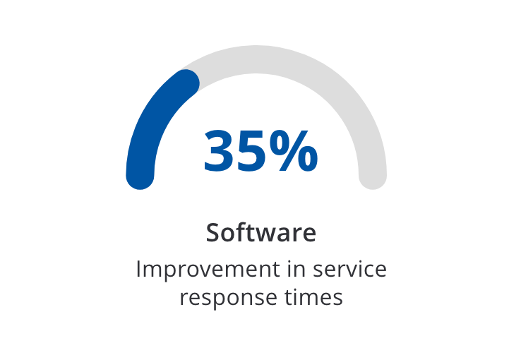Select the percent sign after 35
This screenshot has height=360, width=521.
[x=294, y=151]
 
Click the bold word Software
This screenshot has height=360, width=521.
[x=260, y=232]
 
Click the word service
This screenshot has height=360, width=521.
[x=349, y=269]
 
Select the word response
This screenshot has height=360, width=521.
[x=229, y=298]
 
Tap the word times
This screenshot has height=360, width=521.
[x=313, y=297]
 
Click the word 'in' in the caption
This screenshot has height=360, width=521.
[x=297, y=269]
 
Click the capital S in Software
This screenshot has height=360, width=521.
[x=213, y=232]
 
